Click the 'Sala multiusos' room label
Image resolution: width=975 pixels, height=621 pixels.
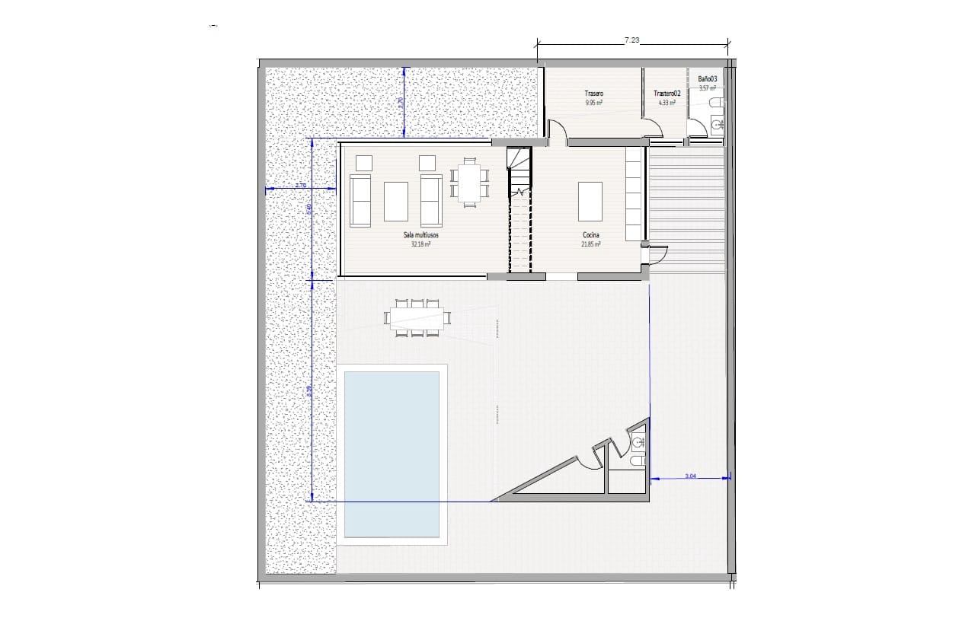pyautogui.click(x=421, y=236)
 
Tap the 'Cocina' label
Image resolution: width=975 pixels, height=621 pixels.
pyautogui.click(x=590, y=236)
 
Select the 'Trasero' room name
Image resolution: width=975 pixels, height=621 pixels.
pyautogui.click(x=594, y=94)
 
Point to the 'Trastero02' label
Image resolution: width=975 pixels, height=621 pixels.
pyautogui.click(x=666, y=94)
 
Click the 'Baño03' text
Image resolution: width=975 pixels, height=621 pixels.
pyautogui.click(x=708, y=78)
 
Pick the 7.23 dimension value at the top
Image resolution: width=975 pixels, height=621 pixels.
pyautogui.click(x=631, y=40)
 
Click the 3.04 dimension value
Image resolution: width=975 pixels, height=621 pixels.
pyautogui.click(x=690, y=476)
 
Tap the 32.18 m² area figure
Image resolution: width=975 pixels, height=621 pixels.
pyautogui.click(x=421, y=245)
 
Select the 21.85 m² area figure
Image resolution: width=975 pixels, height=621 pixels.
pyautogui.click(x=590, y=245)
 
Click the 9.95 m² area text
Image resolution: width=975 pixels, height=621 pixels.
pyautogui.click(x=594, y=102)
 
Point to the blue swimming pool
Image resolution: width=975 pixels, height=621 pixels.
pyautogui.click(x=392, y=454)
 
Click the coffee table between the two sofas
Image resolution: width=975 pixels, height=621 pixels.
pyautogui.click(x=395, y=200)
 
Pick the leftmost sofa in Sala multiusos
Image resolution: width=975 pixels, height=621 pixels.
pyautogui.click(x=360, y=200)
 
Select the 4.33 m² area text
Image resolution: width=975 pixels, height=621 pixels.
pyautogui.click(x=666, y=102)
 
